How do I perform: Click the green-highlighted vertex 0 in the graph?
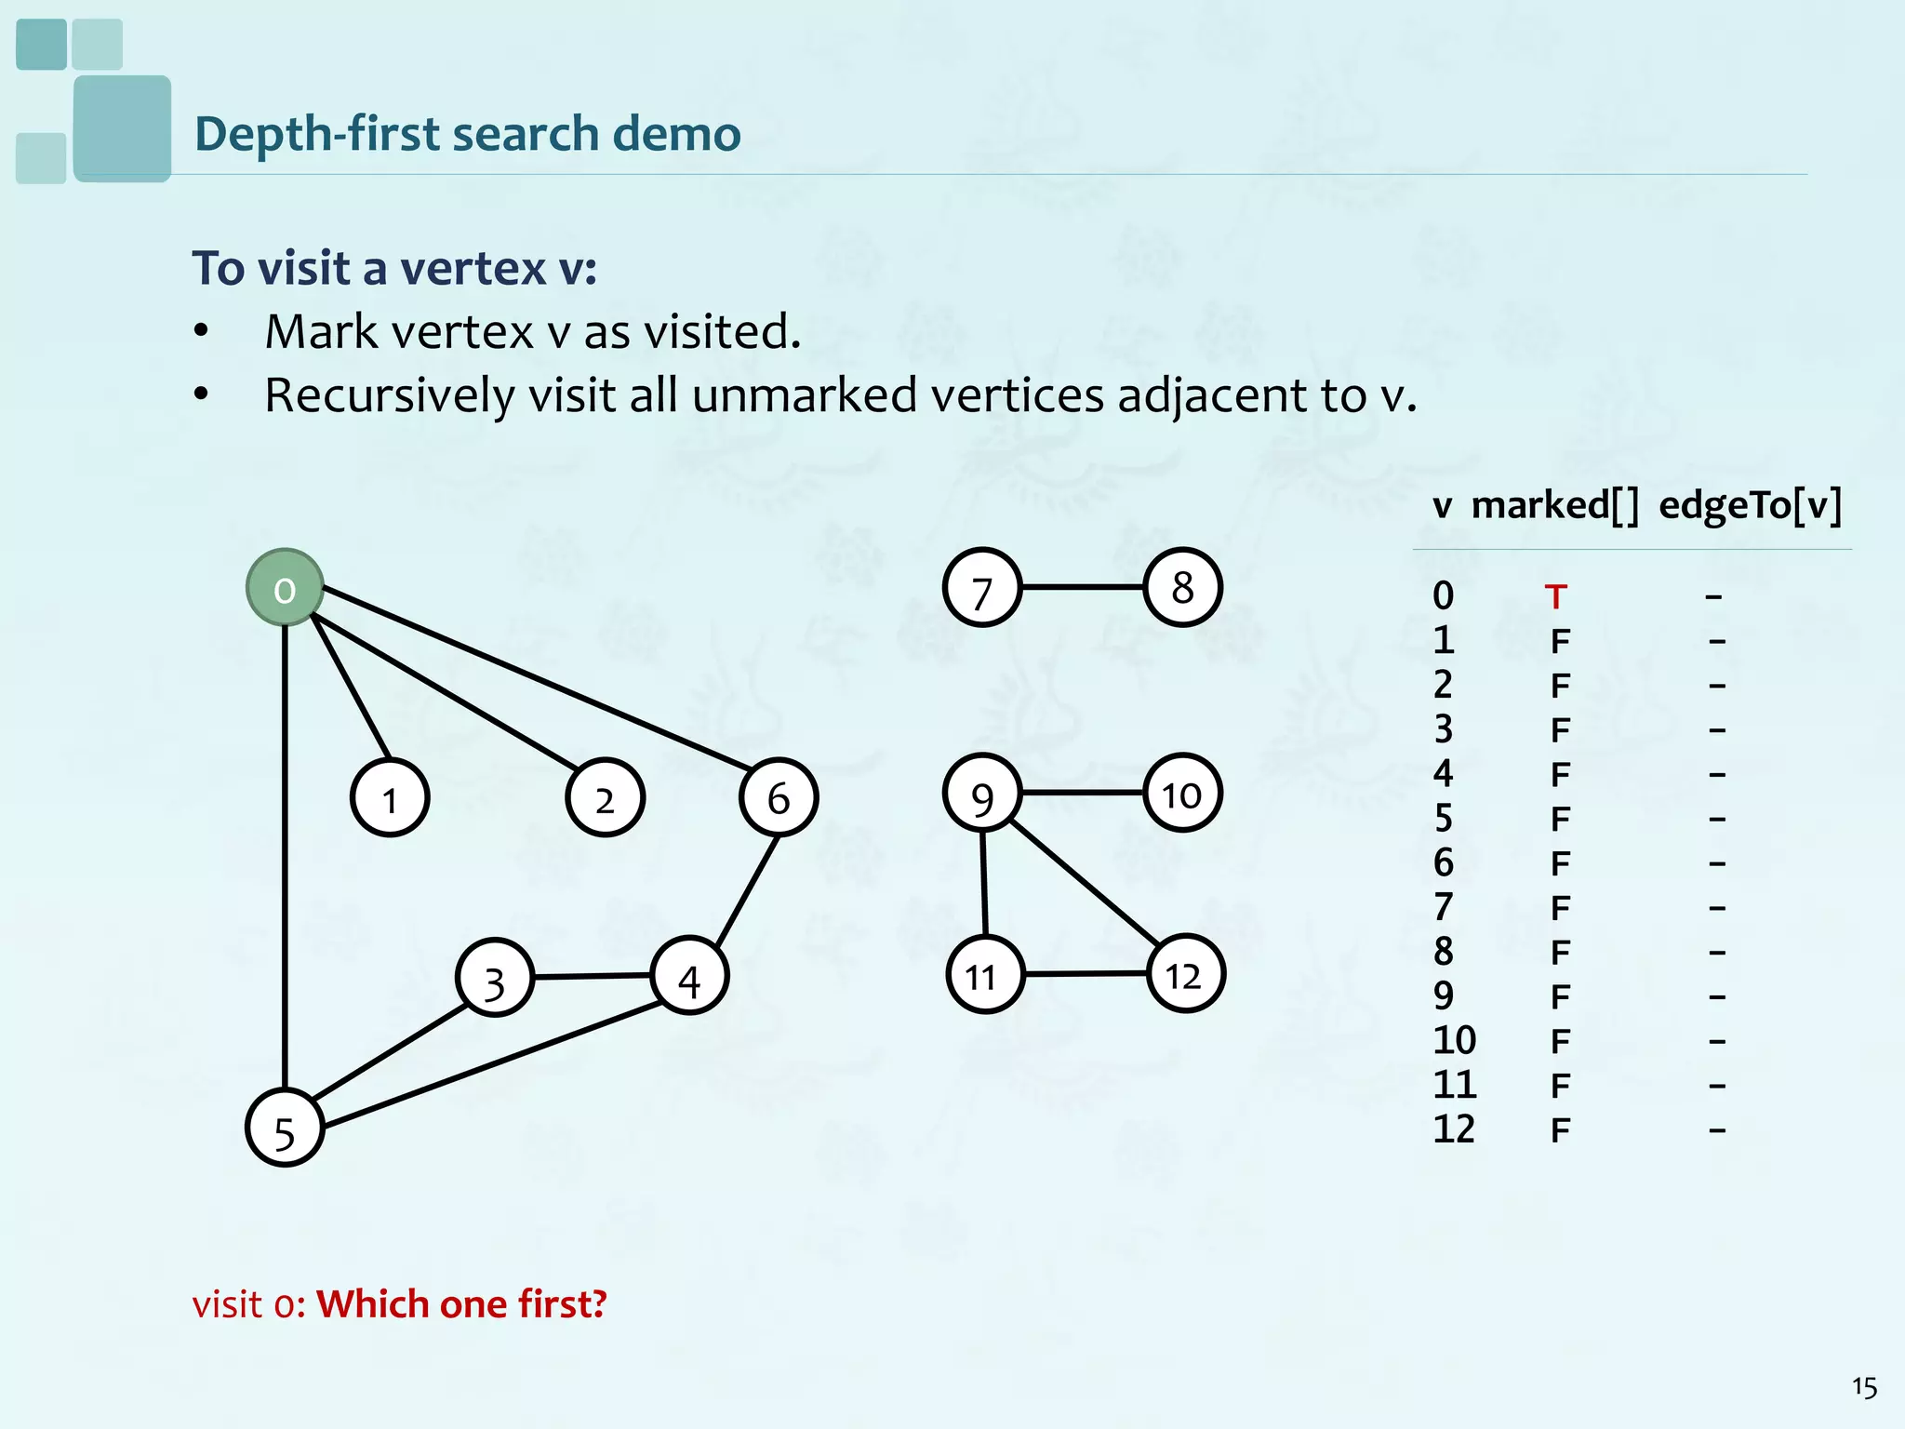click(285, 588)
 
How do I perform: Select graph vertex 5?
click(285, 1128)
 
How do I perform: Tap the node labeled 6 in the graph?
click(779, 797)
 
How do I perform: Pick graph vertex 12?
click(1185, 974)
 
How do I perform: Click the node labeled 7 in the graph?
click(982, 588)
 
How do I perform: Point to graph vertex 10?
click(1182, 794)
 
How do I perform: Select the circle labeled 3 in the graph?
click(495, 978)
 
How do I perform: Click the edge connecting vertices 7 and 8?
click(1082, 587)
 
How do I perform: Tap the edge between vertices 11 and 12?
click(1085, 974)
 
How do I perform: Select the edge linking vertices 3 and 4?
click(593, 977)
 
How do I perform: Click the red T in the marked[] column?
click(1555, 596)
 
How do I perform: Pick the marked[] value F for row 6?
click(1560, 863)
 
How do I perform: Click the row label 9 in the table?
click(1443, 996)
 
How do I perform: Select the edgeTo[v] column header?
click(1750, 505)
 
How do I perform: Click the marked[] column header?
click(1554, 505)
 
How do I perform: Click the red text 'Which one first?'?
click(461, 1304)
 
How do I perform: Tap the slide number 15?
click(1864, 1387)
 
